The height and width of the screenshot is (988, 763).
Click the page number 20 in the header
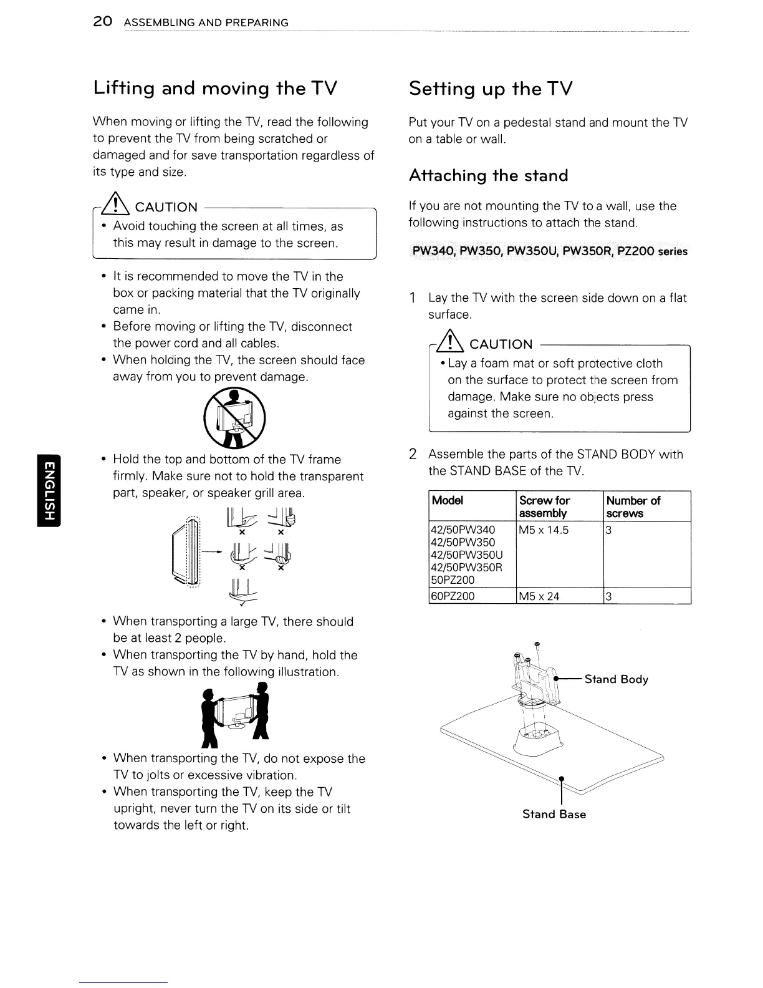pos(102,22)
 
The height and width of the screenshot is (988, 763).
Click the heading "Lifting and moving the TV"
pos(215,88)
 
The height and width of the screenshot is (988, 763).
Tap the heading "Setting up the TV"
pos(490,89)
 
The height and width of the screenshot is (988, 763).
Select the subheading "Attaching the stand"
pos(488,176)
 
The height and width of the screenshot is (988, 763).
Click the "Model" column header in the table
pos(448,500)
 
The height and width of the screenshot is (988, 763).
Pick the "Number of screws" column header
pos(633,506)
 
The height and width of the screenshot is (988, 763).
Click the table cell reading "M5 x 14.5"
pos(544,530)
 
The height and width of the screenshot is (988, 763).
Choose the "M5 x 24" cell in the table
pos(539,596)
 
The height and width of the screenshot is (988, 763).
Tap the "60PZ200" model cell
pos(453,596)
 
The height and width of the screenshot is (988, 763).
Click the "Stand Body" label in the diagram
pos(616,679)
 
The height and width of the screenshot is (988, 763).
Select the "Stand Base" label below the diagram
pos(554,814)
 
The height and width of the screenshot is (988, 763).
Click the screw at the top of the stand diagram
pos(535,647)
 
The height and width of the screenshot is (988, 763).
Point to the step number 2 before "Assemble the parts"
pos(413,454)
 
